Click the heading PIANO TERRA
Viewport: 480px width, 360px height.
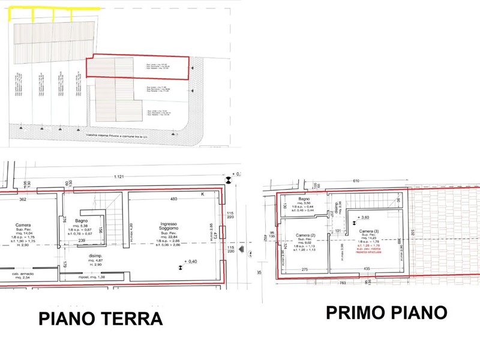coord(101,318)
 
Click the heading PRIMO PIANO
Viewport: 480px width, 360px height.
coord(386,312)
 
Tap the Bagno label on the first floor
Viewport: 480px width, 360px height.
coord(304,199)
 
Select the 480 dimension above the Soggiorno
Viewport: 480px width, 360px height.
coord(173,199)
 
